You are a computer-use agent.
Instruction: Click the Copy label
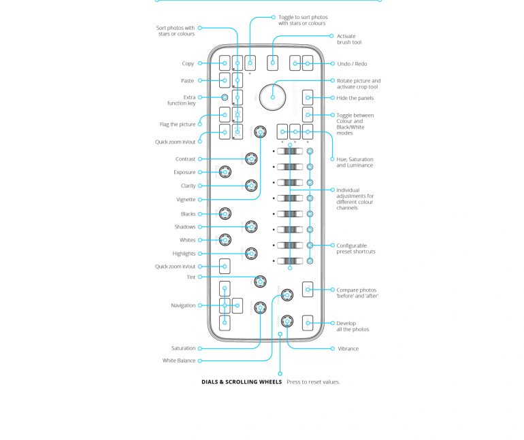(x=187, y=64)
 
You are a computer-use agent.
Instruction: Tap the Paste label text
(x=187, y=81)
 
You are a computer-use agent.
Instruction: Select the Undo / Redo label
(x=352, y=64)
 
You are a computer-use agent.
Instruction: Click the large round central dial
(x=273, y=97)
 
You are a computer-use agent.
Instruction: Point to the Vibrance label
(x=348, y=349)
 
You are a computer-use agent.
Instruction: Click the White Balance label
(x=178, y=361)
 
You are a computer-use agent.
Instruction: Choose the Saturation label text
(x=183, y=349)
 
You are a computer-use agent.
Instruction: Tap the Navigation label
(x=182, y=306)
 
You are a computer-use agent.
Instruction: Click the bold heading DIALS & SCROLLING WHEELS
(x=241, y=382)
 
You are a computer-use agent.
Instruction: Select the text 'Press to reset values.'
(x=313, y=382)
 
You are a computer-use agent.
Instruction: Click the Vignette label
(x=186, y=200)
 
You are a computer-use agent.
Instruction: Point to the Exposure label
(x=184, y=173)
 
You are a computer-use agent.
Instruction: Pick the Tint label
(x=191, y=277)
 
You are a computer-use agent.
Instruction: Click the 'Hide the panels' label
(x=355, y=98)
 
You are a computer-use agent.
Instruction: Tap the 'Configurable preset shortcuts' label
(x=355, y=249)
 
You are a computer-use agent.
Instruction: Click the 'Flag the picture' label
(x=177, y=124)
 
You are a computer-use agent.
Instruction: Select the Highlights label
(x=184, y=254)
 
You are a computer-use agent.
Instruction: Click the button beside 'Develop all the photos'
(x=308, y=323)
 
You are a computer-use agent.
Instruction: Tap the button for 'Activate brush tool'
(x=273, y=63)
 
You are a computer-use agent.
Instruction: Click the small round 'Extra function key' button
(x=225, y=98)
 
